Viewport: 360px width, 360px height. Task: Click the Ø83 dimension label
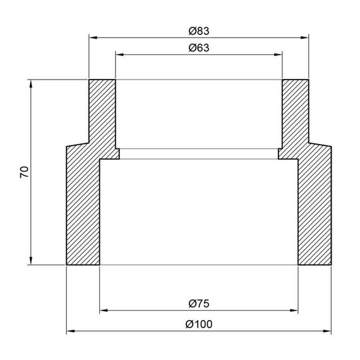199,31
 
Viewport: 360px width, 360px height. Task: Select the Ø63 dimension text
199,48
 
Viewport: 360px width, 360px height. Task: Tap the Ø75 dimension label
199,304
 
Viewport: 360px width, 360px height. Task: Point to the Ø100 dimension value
199,324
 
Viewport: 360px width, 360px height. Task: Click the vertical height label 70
25,172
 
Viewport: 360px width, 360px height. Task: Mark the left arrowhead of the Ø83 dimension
93,37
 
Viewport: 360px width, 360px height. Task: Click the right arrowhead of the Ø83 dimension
304,37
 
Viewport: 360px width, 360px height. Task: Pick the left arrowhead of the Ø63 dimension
119,55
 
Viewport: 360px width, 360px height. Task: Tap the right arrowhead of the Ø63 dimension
278,55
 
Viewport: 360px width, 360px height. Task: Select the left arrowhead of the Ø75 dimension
104,310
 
